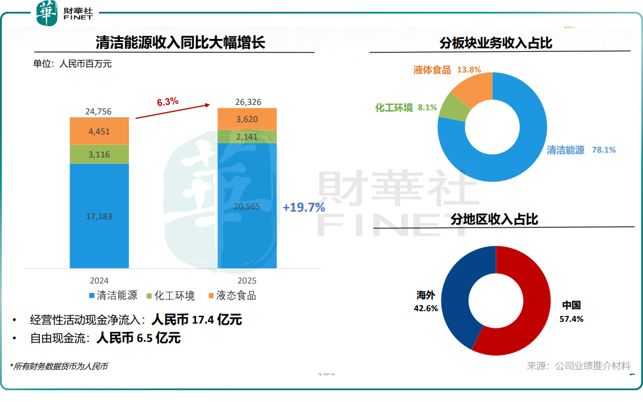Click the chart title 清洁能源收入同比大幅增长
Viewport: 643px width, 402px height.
181,43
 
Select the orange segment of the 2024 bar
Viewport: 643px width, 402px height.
99,131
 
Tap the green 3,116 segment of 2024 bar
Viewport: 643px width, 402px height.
99,154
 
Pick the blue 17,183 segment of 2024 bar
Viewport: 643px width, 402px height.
99,216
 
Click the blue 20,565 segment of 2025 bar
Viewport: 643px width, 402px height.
247,206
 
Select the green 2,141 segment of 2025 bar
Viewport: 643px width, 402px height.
247,137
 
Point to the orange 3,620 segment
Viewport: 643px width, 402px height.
247,119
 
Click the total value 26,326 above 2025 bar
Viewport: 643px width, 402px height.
247,102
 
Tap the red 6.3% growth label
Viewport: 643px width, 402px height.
167,102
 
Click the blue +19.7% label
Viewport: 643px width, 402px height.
304,207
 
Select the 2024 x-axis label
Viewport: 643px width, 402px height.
99,281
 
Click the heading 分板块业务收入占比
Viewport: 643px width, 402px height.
496,44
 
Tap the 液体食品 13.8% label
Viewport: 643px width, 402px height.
447,70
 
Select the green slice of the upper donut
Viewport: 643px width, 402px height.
453,106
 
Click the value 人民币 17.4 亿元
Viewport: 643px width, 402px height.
197,320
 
